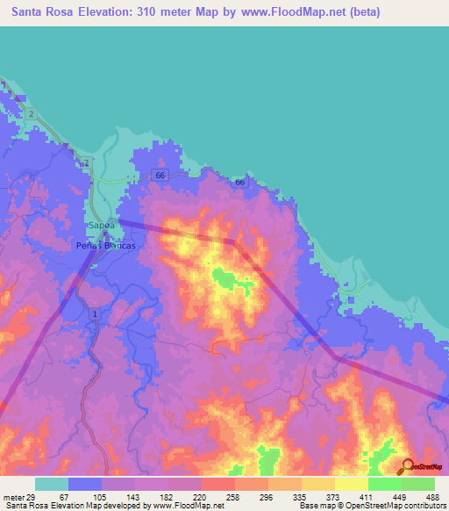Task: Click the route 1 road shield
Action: [x=94, y=313]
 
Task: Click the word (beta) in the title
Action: [x=417, y=14]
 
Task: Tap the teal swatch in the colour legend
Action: [x=52, y=485]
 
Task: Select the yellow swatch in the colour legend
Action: [x=318, y=485]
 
